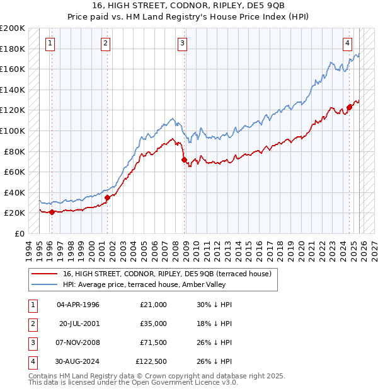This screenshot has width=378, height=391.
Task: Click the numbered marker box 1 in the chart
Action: [x=50, y=43]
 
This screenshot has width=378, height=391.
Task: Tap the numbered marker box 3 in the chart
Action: [x=182, y=43]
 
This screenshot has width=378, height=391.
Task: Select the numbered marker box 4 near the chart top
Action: [x=347, y=43]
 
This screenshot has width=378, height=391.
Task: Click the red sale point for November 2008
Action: [x=184, y=160]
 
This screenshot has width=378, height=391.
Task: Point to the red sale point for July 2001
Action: [x=107, y=197]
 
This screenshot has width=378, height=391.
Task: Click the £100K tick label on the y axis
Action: [x=13, y=131]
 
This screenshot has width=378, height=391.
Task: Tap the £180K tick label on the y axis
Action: [x=13, y=49]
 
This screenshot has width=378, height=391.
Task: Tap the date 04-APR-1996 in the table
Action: [x=78, y=304]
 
